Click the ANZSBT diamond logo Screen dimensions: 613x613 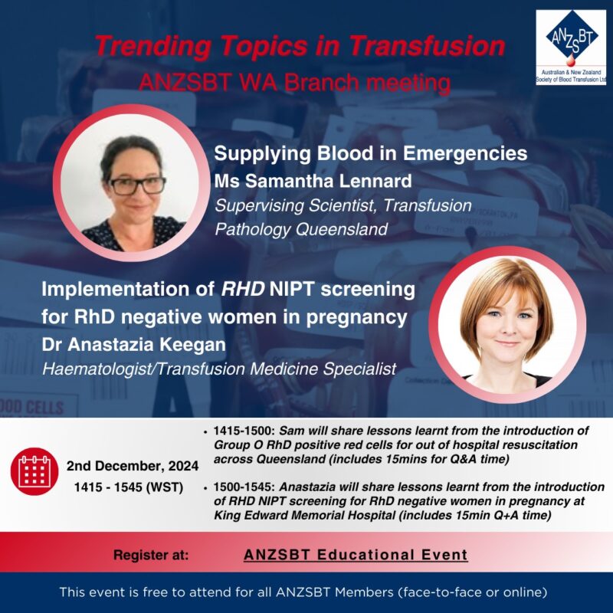click(x=571, y=38)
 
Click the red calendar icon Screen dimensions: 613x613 click(x=34, y=471)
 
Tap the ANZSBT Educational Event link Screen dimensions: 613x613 click(x=356, y=555)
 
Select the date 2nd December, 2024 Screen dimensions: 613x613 click(x=133, y=466)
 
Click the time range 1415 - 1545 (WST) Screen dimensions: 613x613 click(x=129, y=487)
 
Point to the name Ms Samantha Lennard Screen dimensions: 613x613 click(x=313, y=181)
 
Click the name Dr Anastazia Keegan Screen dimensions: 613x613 click(x=133, y=345)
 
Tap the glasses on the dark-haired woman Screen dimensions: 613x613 click(x=137, y=185)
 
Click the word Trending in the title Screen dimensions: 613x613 click(x=152, y=46)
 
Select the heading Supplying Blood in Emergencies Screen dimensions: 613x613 click(x=371, y=153)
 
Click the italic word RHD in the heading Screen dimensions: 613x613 click(x=243, y=290)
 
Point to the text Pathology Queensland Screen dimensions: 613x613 click(x=301, y=229)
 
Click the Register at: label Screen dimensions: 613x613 click(x=151, y=555)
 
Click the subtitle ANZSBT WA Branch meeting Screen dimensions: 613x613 click(x=294, y=83)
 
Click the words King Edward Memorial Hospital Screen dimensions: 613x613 click(x=304, y=515)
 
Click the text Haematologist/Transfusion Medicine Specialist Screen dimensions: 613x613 click(x=219, y=369)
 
